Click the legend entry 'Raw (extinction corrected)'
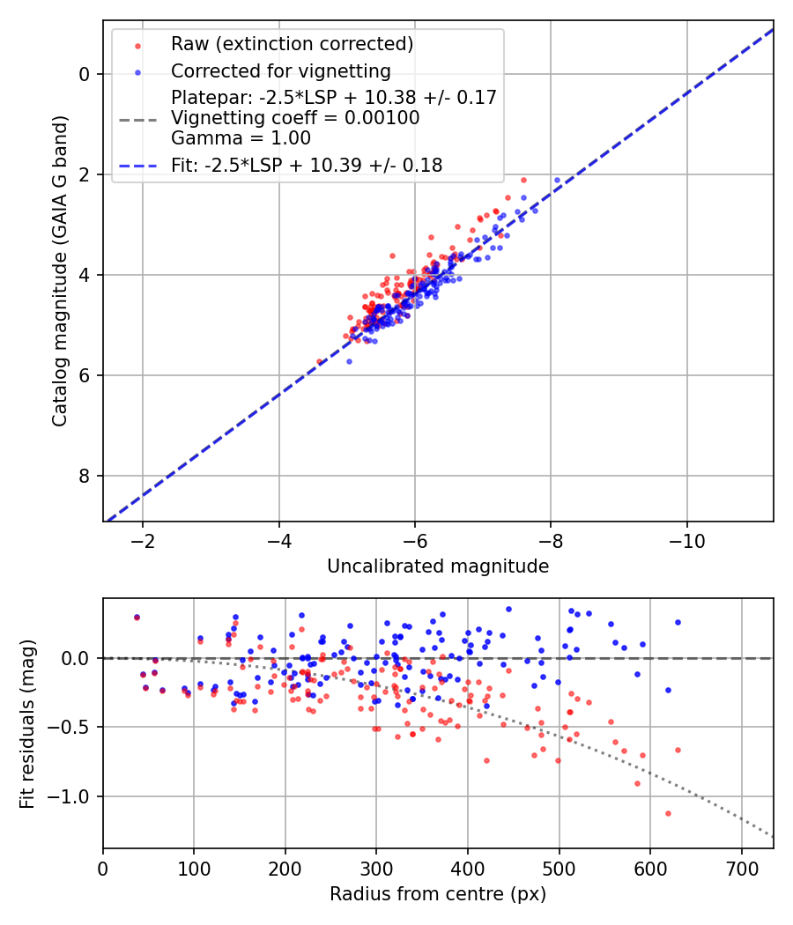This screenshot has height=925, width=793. (x=292, y=44)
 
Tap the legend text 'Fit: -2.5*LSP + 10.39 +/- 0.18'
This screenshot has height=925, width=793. (x=307, y=165)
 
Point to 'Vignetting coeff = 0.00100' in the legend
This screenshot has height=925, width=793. (x=295, y=118)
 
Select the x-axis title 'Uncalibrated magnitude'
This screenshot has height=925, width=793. (x=438, y=566)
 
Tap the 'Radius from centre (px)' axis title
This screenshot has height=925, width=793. (x=438, y=894)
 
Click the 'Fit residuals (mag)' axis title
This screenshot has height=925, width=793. (x=27, y=723)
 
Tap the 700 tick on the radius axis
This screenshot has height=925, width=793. (x=741, y=868)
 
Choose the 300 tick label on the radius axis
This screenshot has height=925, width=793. (x=376, y=868)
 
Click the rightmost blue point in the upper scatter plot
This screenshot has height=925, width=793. (x=557, y=181)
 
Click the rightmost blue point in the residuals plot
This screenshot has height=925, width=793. (x=678, y=622)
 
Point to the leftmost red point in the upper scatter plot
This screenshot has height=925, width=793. (x=320, y=362)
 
